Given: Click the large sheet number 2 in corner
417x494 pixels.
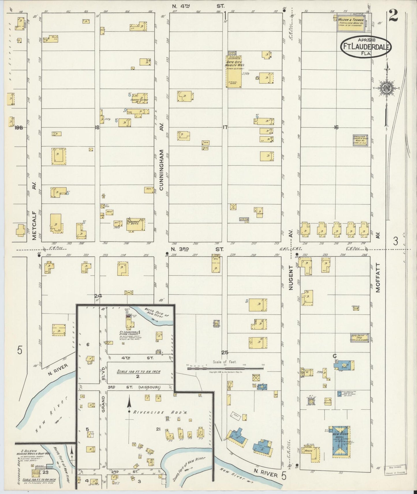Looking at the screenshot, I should pos(393,16).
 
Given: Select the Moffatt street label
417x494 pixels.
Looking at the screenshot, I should pos(378,277).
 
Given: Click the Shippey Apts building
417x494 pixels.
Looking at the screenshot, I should pos(136,224).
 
